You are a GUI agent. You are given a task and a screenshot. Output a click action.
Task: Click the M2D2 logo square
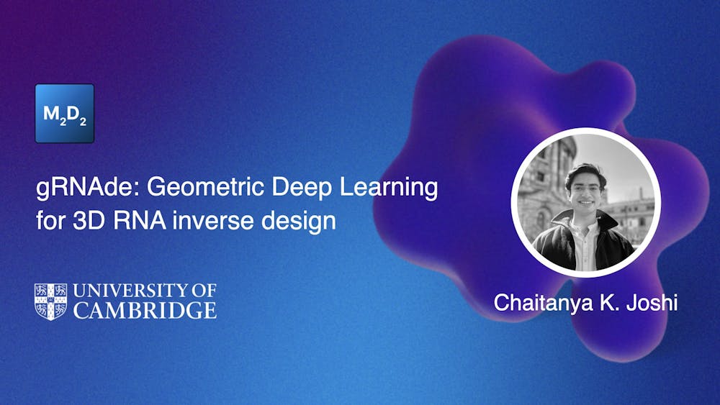coord(65,113)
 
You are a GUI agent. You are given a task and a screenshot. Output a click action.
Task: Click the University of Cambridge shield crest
coord(50,301)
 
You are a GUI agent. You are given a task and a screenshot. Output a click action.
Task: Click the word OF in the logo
coord(201,291)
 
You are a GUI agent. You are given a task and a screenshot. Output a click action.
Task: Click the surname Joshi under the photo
coord(651,303)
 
